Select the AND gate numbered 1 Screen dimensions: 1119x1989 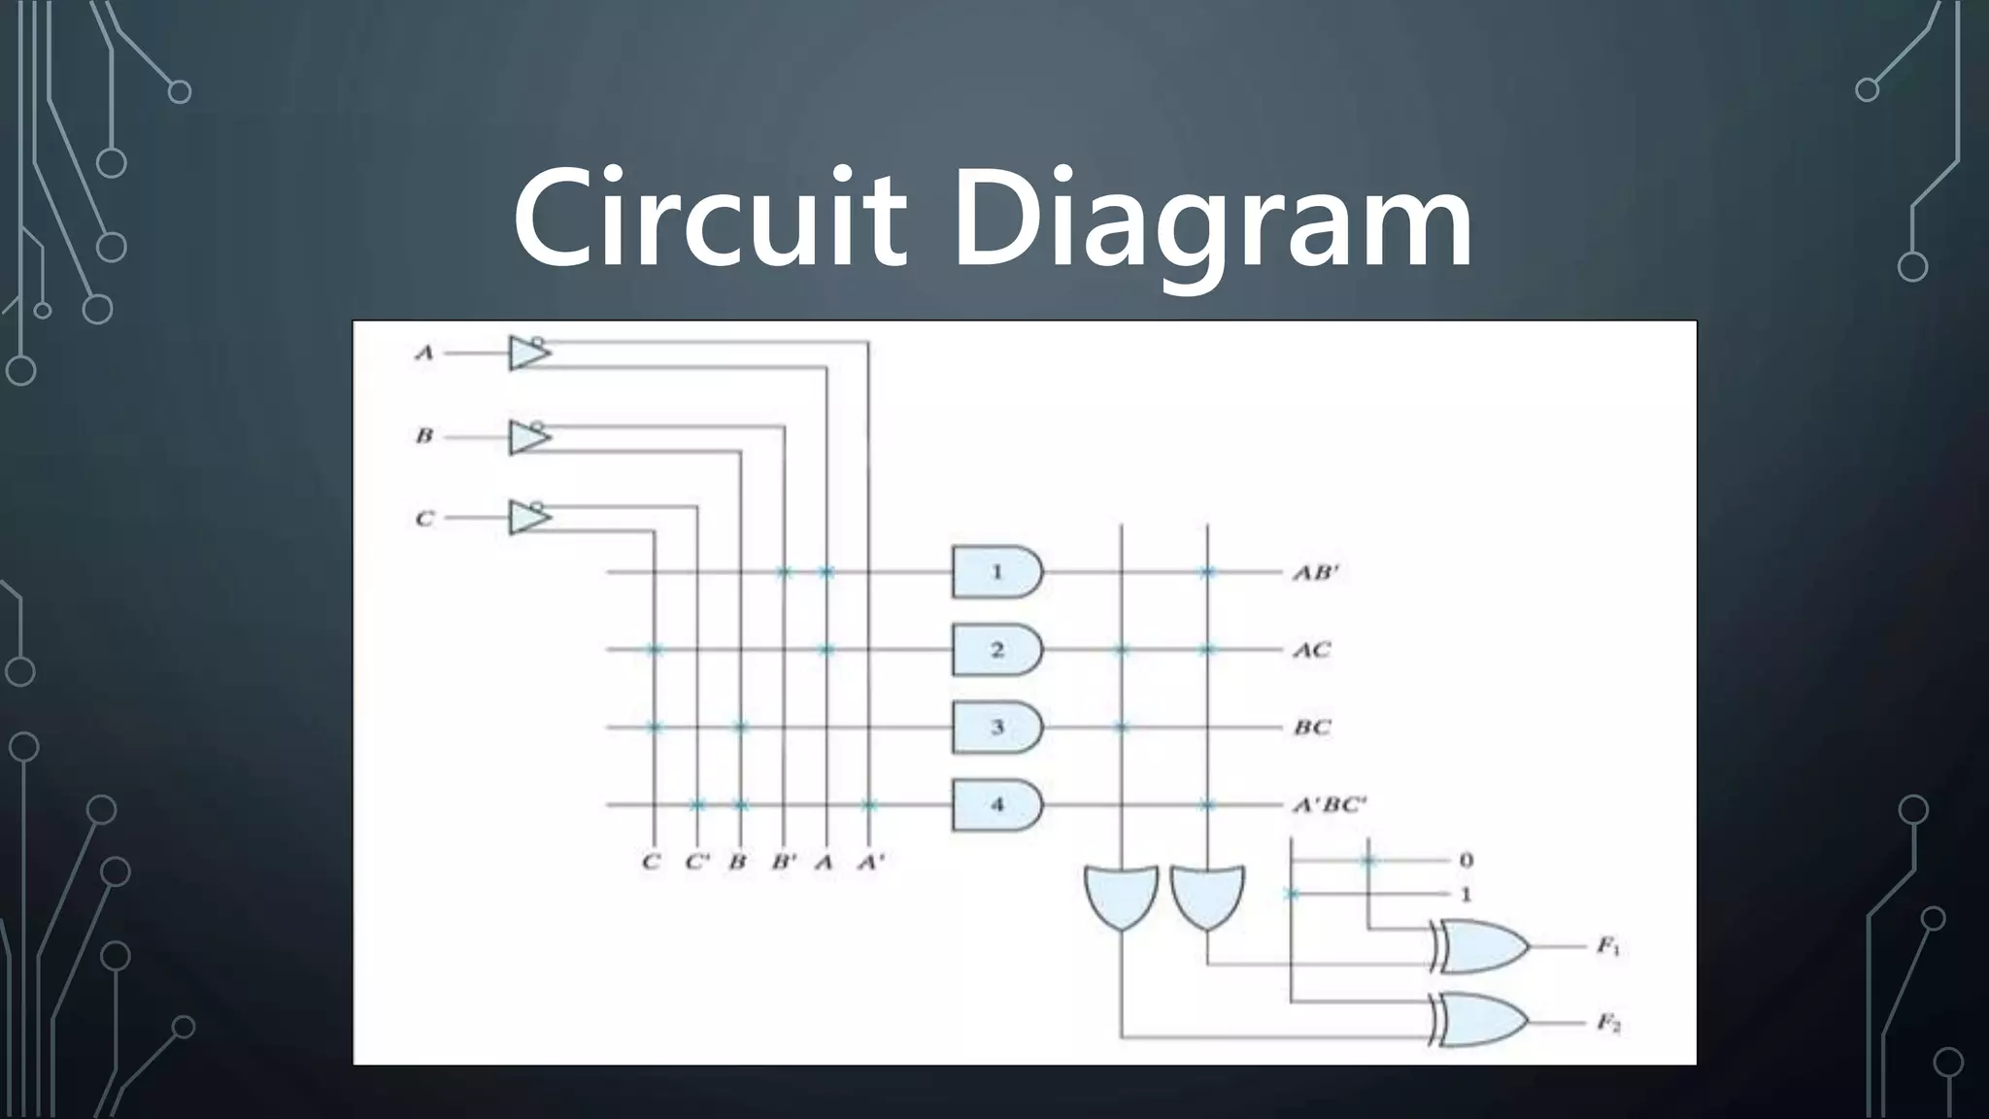(996, 572)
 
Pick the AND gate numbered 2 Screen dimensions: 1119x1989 (996, 650)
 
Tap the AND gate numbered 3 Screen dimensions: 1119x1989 (996, 728)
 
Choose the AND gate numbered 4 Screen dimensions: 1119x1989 (996, 805)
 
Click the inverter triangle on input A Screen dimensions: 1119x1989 (528, 353)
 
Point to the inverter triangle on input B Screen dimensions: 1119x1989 (528, 437)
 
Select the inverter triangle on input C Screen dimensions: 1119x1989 (528, 517)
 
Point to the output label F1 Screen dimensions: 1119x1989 (1608, 945)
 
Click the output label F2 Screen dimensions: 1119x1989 (1608, 1022)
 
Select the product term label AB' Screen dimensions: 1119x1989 (1315, 572)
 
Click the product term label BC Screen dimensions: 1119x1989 (1311, 728)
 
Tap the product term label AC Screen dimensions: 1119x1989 (1311, 650)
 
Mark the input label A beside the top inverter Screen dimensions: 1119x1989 (424, 353)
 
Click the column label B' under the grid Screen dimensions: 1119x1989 (784, 862)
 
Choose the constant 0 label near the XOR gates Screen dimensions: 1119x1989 (1466, 861)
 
